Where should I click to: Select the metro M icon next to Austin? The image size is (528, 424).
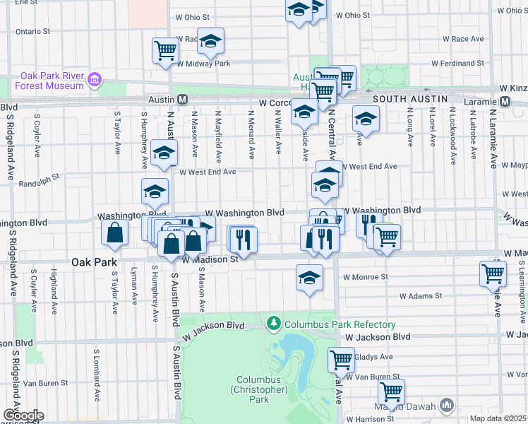tap(182, 100)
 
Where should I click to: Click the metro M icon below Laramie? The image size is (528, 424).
tap(505, 101)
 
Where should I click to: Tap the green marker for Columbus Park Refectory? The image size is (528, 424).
tap(274, 324)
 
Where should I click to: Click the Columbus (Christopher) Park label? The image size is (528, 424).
tap(259, 389)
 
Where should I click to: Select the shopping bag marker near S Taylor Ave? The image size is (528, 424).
tap(115, 232)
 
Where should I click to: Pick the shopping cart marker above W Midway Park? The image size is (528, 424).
tap(165, 50)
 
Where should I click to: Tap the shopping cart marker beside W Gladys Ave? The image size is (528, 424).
tap(341, 360)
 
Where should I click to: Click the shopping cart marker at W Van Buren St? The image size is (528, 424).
tap(390, 391)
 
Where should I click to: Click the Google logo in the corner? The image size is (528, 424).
tap(23, 416)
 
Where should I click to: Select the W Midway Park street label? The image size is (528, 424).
tap(204, 64)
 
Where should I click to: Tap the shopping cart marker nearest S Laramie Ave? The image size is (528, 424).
tap(493, 273)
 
